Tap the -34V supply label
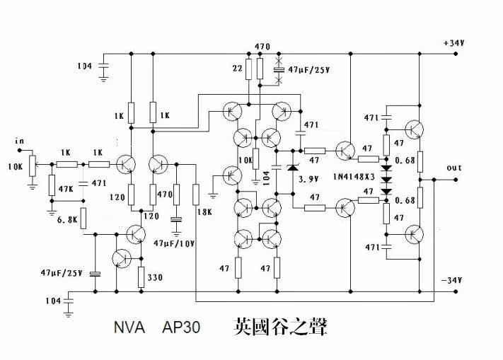coord(451,280)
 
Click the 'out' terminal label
coord(454,168)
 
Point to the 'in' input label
coord(19,141)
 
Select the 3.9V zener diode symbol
coord(293,168)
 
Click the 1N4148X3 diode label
coord(354,177)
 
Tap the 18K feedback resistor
coord(196,194)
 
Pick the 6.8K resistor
coord(83,219)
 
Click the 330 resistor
coord(141,277)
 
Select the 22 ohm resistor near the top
coord(248,69)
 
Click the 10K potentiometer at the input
coord(32,166)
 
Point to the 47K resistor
coord(52,185)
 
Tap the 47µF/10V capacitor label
coord(174,243)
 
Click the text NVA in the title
coord(129,327)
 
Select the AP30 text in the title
coord(181,327)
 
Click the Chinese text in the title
coord(280,327)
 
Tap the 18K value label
coord(204,212)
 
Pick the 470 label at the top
coord(262,47)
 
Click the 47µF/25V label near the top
coord(308,69)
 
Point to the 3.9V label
coord(308,179)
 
